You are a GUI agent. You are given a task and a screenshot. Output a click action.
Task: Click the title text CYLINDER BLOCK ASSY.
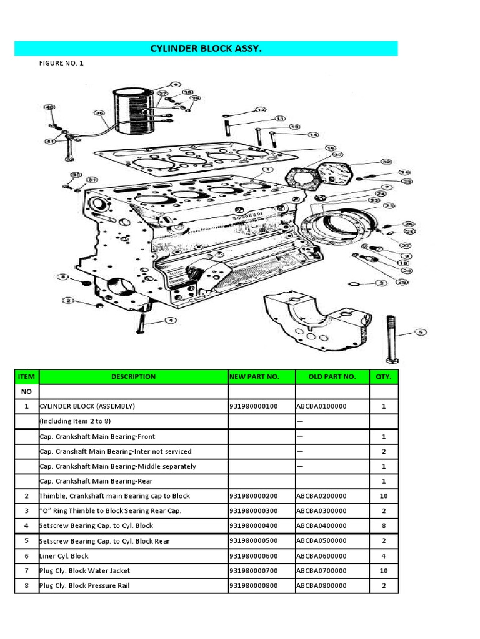(x=206, y=49)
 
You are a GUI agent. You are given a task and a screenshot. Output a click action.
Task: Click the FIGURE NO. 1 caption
(x=61, y=63)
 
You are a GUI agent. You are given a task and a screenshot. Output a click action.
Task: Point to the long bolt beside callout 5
(x=392, y=340)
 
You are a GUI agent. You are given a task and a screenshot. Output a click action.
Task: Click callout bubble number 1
(x=267, y=170)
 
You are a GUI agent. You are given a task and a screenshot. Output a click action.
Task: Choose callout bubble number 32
(x=386, y=162)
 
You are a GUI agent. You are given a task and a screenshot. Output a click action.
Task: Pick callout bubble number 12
(x=261, y=110)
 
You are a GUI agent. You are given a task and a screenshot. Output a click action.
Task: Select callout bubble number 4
(x=171, y=321)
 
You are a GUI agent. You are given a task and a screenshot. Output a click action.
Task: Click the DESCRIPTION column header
(x=133, y=376)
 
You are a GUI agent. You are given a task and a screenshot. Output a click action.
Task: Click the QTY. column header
(x=383, y=376)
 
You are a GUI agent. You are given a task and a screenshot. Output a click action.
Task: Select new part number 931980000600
(x=253, y=556)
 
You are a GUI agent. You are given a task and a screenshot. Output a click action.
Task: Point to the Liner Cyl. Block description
(x=64, y=556)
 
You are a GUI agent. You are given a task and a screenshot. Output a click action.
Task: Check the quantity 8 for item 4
(x=383, y=526)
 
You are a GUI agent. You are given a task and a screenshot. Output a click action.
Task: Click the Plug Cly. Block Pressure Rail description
(x=84, y=586)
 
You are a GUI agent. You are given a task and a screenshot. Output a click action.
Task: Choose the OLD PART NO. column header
(x=332, y=376)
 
